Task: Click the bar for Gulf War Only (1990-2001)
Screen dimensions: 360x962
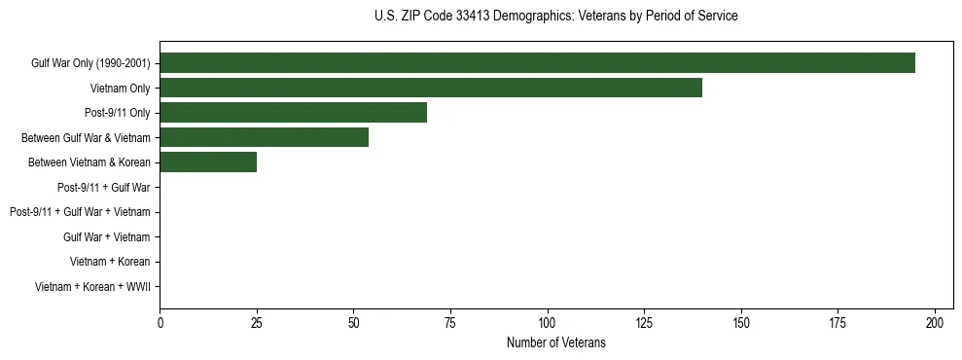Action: coord(537,63)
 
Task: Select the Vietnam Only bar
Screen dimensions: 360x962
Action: coord(431,89)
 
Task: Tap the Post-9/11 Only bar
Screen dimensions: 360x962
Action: coord(293,113)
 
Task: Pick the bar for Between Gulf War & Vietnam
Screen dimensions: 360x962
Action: coord(264,138)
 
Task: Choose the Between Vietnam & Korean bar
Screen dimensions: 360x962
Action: coord(208,162)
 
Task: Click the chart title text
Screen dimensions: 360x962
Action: coord(555,17)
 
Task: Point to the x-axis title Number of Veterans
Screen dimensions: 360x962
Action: coord(555,342)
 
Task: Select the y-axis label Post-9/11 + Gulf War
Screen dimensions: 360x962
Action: coord(103,188)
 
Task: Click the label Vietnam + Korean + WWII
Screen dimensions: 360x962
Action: coord(92,287)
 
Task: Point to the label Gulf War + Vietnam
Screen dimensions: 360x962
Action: coord(106,237)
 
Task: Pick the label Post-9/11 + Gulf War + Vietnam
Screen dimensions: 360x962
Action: coord(80,212)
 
